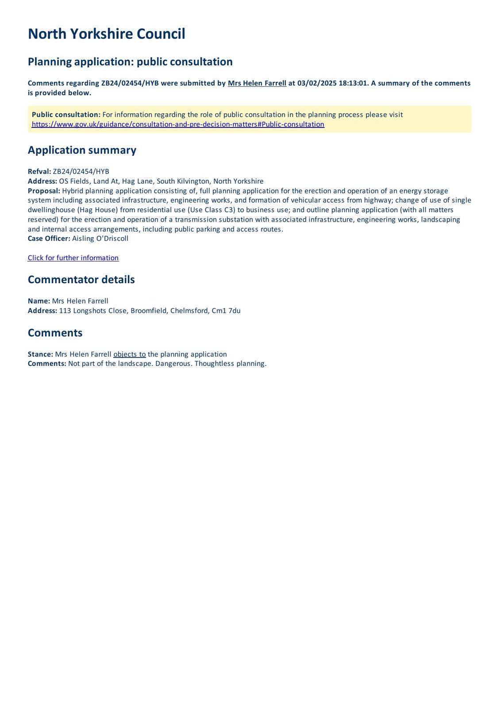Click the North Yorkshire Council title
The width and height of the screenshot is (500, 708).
[106, 34]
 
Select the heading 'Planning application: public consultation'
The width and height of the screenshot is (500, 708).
[130, 62]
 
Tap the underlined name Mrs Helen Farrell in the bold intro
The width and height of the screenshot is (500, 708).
[257, 83]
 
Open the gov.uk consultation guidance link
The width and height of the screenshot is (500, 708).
[178, 124]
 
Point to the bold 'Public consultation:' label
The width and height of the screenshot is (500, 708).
[66, 115]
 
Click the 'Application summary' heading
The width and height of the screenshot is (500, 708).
[82, 150]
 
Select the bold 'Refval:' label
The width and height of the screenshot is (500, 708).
[39, 172]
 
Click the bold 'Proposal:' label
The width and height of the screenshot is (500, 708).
[44, 191]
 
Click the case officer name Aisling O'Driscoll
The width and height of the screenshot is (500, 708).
[100, 239]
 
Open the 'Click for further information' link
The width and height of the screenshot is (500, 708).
[73, 258]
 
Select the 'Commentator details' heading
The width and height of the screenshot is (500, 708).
[81, 280]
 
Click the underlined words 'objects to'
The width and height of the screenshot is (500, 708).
[129, 354]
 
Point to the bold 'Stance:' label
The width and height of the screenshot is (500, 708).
[40, 354]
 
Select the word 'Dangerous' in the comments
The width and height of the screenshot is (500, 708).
[173, 364]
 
